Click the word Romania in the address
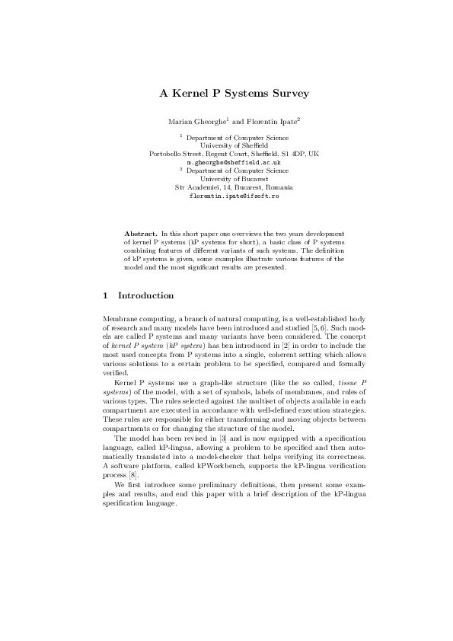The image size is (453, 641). [x=278, y=187]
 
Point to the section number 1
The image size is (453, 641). [x=105, y=295]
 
